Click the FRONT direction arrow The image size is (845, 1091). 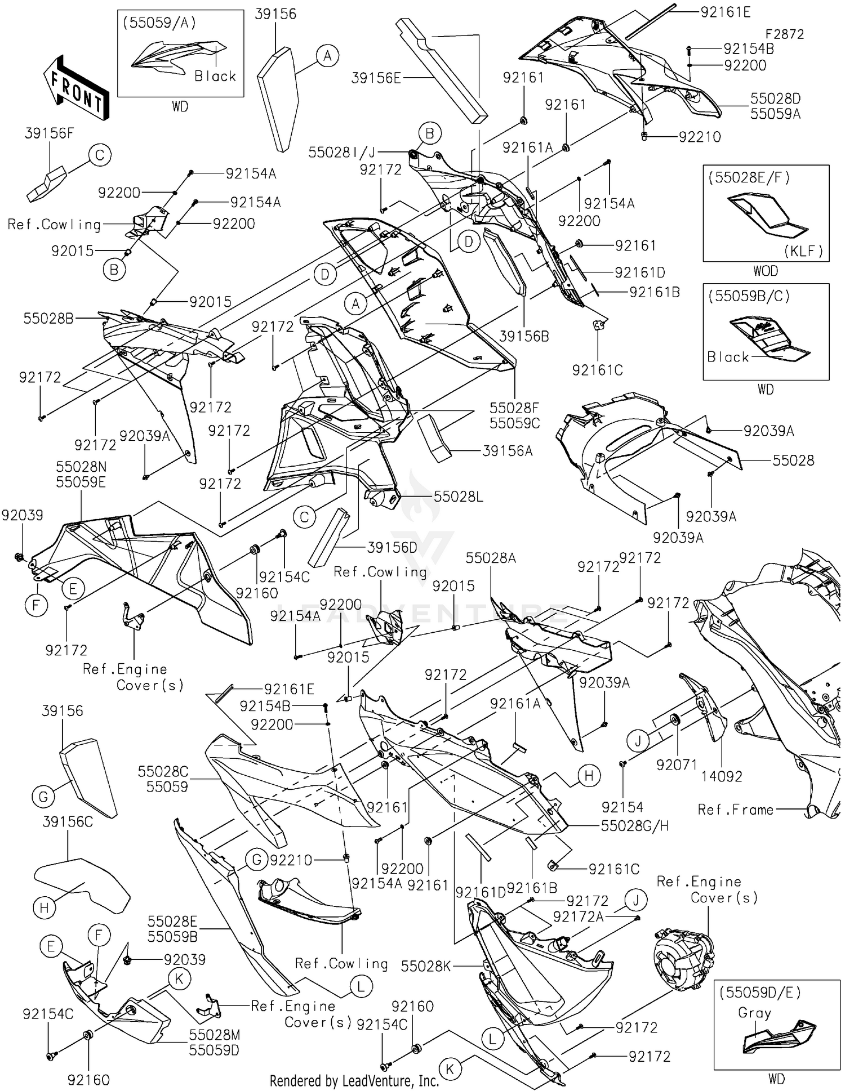[x=76, y=88]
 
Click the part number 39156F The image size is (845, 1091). [x=49, y=133]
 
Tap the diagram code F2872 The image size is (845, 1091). [x=784, y=34]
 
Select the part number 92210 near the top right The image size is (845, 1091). [x=700, y=137]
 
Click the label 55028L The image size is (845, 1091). [x=458, y=497]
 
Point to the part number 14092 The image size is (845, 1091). [x=722, y=776]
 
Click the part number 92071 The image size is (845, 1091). [x=677, y=764]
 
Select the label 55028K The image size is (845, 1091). [x=426, y=966]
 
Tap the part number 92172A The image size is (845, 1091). [x=578, y=917]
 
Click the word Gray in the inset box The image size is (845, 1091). [x=754, y=1013]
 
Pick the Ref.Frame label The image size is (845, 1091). [x=735, y=810]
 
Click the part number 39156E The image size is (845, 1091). [x=376, y=78]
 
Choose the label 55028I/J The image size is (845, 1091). [x=341, y=152]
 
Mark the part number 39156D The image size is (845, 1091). [x=392, y=547]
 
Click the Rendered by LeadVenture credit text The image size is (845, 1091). [x=354, y=1080]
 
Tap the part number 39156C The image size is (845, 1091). [x=68, y=822]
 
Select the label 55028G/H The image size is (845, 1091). [x=634, y=826]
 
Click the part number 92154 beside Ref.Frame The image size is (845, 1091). [x=622, y=807]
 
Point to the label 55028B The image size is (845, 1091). [x=48, y=319]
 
